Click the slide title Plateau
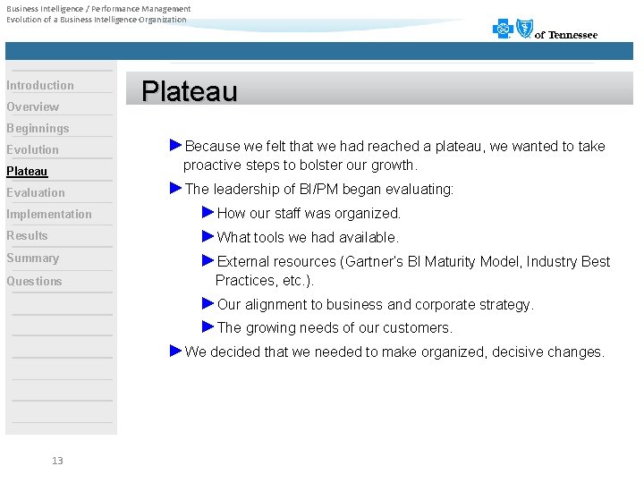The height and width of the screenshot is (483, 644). pyautogui.click(x=190, y=91)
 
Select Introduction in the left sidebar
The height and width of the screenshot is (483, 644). pyautogui.click(x=40, y=85)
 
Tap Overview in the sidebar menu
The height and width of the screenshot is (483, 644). pyautogui.click(x=33, y=106)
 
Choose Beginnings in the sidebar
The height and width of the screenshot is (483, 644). pyautogui.click(x=38, y=128)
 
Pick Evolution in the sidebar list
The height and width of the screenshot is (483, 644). pyautogui.click(x=33, y=149)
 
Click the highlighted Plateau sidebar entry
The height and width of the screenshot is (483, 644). pyautogui.click(x=27, y=171)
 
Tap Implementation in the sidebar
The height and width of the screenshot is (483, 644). pyautogui.click(x=49, y=214)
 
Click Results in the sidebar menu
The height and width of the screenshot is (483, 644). pyautogui.click(x=27, y=235)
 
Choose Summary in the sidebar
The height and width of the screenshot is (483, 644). pyautogui.click(x=33, y=258)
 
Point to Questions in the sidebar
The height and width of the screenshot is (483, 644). pyautogui.click(x=35, y=281)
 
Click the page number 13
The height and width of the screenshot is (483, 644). pyautogui.click(x=57, y=461)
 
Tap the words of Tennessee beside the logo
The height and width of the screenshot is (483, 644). pyautogui.click(x=566, y=35)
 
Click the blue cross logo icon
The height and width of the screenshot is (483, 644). pyautogui.click(x=503, y=30)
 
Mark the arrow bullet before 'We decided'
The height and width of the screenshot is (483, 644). pyautogui.click(x=175, y=350)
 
